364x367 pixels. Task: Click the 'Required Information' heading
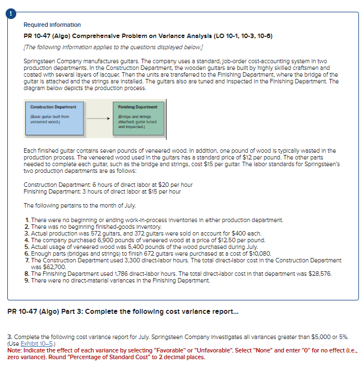52,25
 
